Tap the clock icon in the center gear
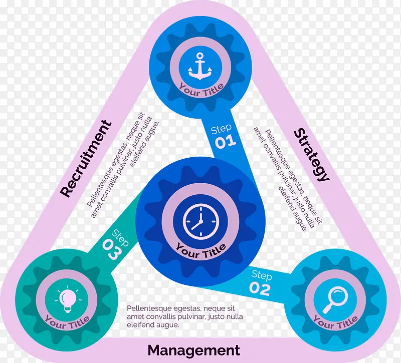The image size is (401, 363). pyautogui.click(x=200, y=221)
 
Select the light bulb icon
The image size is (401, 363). pyautogui.click(x=67, y=299)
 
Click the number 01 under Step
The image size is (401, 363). pyautogui.click(x=226, y=142)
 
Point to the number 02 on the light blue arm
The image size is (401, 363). pyautogui.click(x=260, y=289)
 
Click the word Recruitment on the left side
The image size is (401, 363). pyautogui.click(x=87, y=158)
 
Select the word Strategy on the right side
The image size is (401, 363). pyautogui.click(x=311, y=154)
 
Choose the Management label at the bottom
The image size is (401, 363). pyautogui.click(x=194, y=350)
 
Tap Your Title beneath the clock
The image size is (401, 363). pyautogui.click(x=200, y=250)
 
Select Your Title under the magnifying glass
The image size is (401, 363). pyautogui.click(x=335, y=322)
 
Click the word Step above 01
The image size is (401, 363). pyautogui.click(x=221, y=130)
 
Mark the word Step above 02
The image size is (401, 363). pyautogui.click(x=261, y=275)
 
